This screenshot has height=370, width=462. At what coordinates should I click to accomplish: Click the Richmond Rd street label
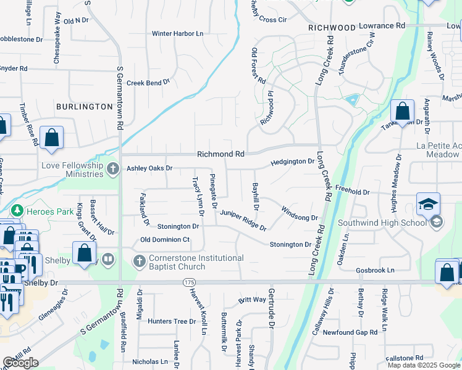coord(220,154)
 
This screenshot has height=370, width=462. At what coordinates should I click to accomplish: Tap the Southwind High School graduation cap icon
coord(429,203)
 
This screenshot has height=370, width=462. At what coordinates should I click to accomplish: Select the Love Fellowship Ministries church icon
coord(112,168)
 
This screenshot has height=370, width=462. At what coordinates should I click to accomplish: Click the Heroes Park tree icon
coord(17,211)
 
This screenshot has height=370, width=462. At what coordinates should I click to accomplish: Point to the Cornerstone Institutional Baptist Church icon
coord(139,261)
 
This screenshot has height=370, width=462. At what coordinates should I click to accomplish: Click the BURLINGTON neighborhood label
coord(84,107)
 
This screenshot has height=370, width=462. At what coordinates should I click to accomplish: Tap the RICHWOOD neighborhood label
coord(332,28)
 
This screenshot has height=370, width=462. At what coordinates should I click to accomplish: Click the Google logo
coord(20,363)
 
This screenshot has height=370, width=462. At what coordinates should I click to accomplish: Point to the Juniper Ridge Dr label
coord(243,220)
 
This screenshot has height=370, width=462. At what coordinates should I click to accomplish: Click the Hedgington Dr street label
coord(292,162)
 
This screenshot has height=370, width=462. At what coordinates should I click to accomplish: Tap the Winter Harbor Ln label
coord(177,33)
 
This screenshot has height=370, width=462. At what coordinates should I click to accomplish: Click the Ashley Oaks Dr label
coord(149,168)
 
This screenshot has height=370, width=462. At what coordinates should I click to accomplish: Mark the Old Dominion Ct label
coord(165,239)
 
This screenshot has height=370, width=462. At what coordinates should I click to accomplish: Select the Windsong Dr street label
coord(299,213)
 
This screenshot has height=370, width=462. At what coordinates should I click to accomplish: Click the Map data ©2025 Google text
coord(424,365)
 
